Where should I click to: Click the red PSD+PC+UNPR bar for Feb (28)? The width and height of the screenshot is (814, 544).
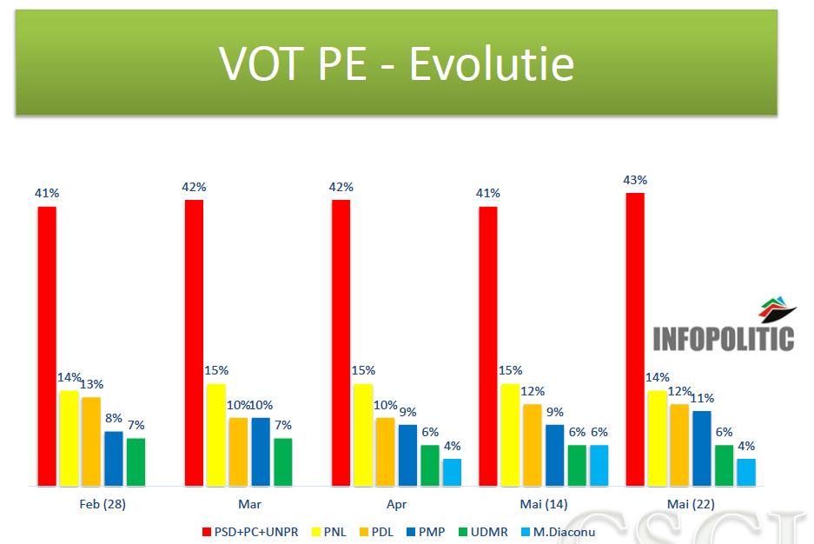click(47, 346)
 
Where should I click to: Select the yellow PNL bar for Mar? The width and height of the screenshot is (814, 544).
click(216, 435)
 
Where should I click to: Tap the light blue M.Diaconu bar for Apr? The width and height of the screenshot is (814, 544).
click(452, 473)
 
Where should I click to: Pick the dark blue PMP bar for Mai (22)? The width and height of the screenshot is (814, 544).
click(702, 448)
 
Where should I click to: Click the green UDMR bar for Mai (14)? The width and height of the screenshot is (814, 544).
click(577, 466)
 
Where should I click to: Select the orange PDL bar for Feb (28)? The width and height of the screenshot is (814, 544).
click(91, 441)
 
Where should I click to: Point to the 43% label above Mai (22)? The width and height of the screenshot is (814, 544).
click(635, 180)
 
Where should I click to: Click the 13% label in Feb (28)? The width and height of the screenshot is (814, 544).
click(92, 384)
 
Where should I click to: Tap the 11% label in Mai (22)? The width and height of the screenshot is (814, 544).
click(703, 398)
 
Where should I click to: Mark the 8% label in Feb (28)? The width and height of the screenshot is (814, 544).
click(114, 418)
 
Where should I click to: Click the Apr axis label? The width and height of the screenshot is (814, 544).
click(397, 504)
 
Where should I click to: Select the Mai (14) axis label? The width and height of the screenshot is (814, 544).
click(544, 504)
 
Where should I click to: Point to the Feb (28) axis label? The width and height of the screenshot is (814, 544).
click(103, 504)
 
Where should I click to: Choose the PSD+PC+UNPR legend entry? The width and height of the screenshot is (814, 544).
click(250, 532)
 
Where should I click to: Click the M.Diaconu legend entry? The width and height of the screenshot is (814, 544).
click(558, 532)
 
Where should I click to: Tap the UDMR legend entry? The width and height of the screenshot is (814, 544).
click(483, 532)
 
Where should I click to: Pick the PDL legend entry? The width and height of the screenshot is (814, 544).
click(376, 532)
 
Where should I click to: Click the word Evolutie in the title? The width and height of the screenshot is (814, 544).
click(492, 63)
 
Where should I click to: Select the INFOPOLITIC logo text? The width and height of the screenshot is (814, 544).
click(724, 339)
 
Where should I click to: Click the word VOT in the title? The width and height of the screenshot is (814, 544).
click(262, 63)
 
